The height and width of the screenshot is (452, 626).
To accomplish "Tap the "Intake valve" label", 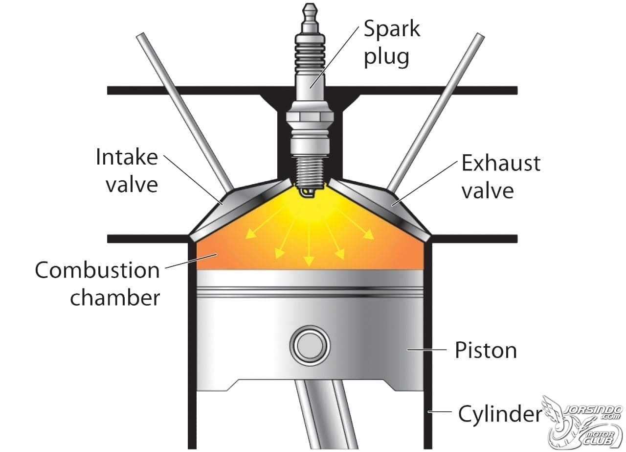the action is pos(127,171).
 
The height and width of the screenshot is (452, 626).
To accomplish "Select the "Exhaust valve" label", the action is pos(501,177).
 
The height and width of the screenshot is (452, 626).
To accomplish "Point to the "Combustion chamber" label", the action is pos(97,284).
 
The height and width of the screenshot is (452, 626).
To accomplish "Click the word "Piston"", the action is pos(486,351).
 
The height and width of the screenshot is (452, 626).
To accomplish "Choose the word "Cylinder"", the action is pos(500,414).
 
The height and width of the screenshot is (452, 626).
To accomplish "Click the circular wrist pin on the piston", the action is pos(310,346).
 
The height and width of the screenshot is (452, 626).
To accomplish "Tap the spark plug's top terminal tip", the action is pos(310,6).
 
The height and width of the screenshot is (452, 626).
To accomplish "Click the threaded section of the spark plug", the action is pos(310,171).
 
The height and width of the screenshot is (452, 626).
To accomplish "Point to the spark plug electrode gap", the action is pos(308,192).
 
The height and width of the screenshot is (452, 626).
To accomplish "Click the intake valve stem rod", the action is pos(184,111).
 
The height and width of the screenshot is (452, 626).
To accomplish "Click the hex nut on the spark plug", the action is pos(310,116).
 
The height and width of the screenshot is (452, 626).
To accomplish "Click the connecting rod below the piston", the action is pos(326,416).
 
